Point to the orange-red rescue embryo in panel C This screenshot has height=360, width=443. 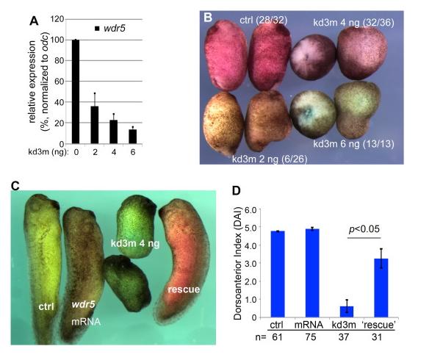click(x=187, y=250)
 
